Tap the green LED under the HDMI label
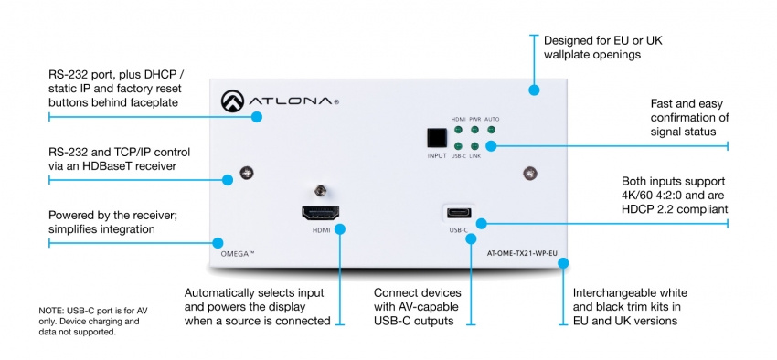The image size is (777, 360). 458,130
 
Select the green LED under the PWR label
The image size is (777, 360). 474,130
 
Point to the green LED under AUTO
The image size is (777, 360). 492,130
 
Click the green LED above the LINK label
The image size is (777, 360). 474,146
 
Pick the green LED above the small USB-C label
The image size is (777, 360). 458,146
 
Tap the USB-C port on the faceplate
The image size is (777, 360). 458,215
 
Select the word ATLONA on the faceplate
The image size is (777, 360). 292,102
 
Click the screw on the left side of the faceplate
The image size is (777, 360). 245,172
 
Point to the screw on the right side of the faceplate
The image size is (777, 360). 528,172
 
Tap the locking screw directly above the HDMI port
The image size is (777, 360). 321,192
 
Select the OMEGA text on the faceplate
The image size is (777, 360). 232,242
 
